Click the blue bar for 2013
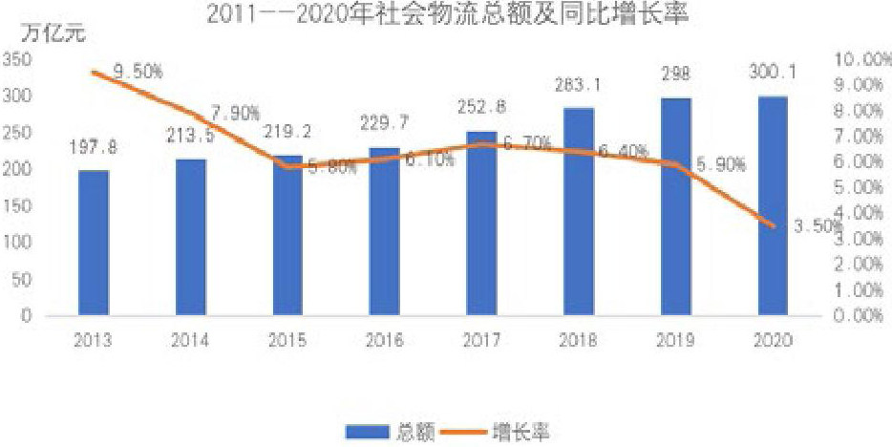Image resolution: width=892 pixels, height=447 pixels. coord(94,243)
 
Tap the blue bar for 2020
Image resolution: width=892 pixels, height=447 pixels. coord(773,205)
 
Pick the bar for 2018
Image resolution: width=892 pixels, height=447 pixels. coord(579,211)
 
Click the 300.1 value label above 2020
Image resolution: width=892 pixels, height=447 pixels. coord(773,72)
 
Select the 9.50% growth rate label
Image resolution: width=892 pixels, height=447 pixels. coord(138,72)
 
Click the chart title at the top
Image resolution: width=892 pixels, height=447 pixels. coord(447,13)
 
